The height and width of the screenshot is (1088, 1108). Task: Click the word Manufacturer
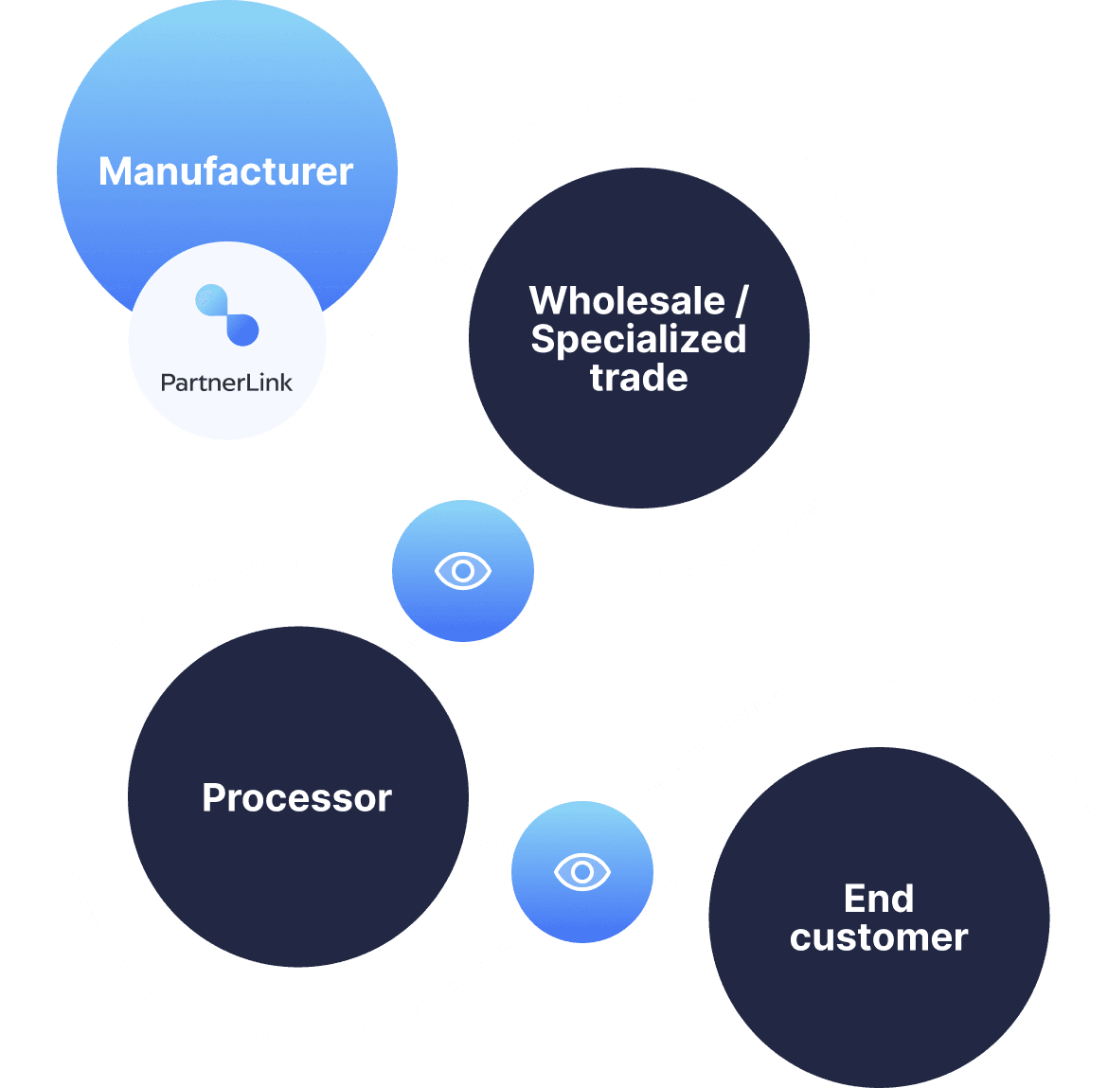225,171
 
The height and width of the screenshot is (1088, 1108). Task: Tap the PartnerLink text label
226,383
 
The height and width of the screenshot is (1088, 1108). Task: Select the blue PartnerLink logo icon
227,314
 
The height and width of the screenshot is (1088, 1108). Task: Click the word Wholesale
627,301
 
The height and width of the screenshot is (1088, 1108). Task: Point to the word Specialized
638,339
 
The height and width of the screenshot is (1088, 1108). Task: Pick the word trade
638,378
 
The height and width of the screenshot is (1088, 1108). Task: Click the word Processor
296,798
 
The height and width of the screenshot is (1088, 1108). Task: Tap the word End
879,899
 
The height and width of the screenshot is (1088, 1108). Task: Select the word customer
879,937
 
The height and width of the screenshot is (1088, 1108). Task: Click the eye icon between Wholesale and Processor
463,571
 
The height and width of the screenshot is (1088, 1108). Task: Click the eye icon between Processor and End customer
582,871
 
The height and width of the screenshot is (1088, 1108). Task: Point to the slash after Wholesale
741,301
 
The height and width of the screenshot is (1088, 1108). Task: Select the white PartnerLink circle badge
227,398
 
